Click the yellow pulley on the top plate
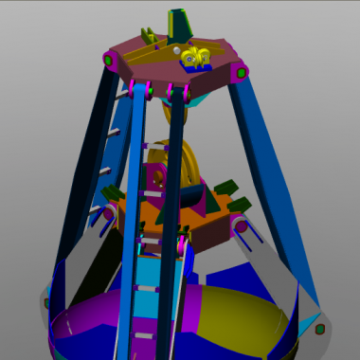(x=196, y=57)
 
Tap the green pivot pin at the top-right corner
(x=241, y=70)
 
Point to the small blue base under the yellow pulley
(x=203, y=67)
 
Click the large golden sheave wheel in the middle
(x=186, y=161)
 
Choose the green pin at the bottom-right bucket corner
(x=320, y=329)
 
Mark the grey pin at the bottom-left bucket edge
(x=46, y=303)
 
